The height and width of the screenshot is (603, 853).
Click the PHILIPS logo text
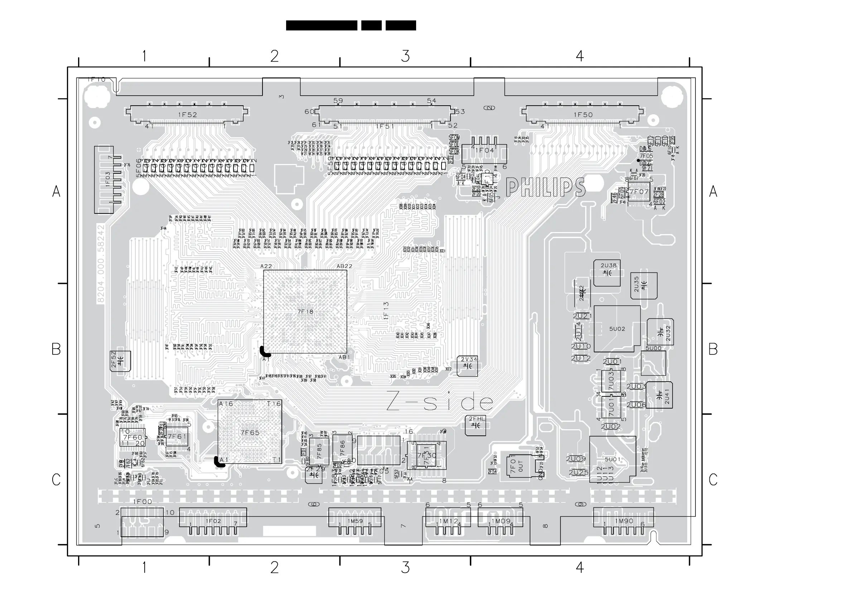click(545, 187)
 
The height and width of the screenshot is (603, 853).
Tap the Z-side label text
click(440, 402)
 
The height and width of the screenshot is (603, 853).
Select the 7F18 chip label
click(305, 312)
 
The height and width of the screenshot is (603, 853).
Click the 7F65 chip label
click(250, 433)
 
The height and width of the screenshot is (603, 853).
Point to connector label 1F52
click(188, 115)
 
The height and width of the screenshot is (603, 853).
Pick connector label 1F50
click(583, 115)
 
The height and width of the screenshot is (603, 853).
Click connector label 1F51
click(385, 126)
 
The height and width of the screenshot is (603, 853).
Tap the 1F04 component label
click(485, 150)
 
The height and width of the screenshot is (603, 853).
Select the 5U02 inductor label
click(617, 329)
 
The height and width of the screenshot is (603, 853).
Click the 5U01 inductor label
click(613, 459)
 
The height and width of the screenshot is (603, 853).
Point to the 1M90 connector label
click(624, 521)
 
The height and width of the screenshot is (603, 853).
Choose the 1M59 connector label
click(356, 521)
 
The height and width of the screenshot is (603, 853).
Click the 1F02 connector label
click(214, 521)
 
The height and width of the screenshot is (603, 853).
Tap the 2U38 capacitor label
click(608, 265)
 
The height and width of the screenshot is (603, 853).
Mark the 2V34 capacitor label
click(469, 359)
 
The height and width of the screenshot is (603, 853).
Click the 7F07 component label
click(639, 192)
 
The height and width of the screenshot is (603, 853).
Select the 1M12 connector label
click(449, 521)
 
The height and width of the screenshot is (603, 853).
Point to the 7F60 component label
click(132, 438)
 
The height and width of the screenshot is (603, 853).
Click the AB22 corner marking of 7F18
click(344, 266)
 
